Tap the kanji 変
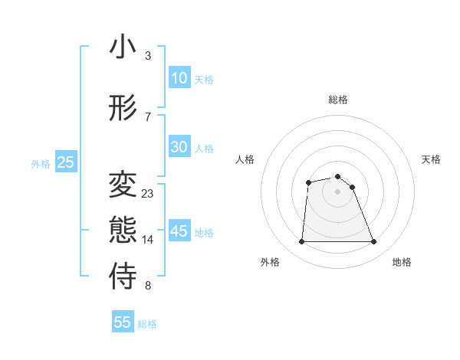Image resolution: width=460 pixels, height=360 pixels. click(123, 185)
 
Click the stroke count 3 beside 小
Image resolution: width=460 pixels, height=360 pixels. click(147, 56)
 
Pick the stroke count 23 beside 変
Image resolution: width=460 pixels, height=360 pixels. click(147, 194)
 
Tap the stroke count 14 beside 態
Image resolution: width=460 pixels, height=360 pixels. click(147, 240)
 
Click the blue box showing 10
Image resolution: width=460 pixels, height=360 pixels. click(179, 78)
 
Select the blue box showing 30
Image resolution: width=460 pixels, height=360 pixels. click(179, 147)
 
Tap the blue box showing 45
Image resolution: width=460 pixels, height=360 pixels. click(179, 231)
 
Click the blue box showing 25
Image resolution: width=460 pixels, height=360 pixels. click(65, 162)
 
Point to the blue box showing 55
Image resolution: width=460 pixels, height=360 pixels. click(123, 322)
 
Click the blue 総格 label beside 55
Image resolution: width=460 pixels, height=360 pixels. click(147, 324)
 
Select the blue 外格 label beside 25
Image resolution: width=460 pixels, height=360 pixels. click(41, 164)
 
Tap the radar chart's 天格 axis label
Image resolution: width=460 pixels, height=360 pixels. click(431, 159)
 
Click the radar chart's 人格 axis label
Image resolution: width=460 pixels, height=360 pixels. click(245, 159)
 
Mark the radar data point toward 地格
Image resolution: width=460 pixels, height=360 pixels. click(374, 242)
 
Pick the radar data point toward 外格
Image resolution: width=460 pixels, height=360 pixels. click(301, 242)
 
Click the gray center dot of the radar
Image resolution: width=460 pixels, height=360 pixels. click(337, 191)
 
